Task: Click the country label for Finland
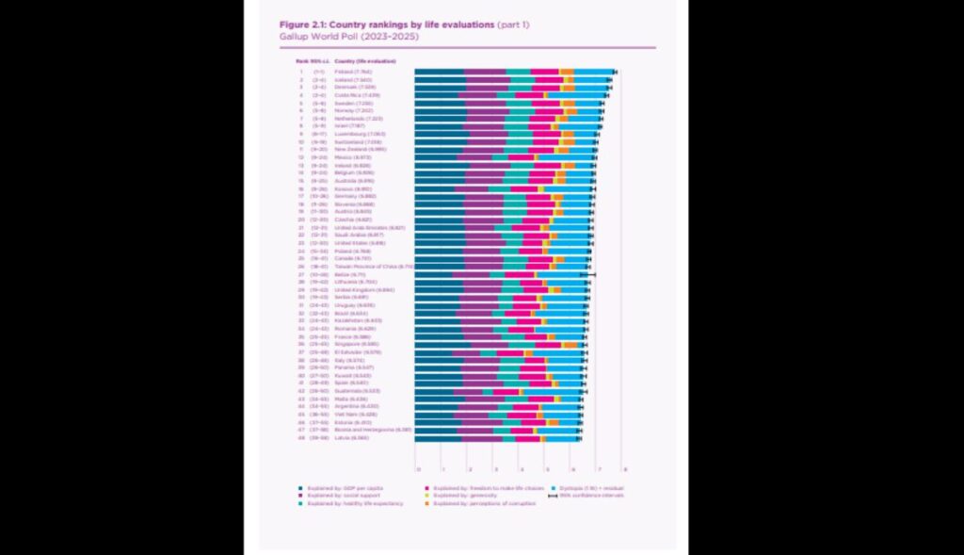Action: click(353, 72)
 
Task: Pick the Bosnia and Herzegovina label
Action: click(373, 430)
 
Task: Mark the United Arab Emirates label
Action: click(369, 227)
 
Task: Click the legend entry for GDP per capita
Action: click(340, 487)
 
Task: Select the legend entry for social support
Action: click(339, 495)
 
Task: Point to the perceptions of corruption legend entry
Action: click(480, 504)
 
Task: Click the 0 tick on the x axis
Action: click(418, 468)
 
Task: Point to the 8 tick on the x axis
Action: click(624, 468)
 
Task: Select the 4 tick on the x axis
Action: click(521, 468)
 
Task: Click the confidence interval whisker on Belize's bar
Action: click(590, 274)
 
